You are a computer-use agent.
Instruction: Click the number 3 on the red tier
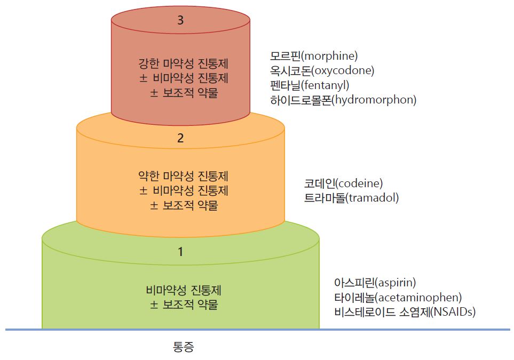(180, 20)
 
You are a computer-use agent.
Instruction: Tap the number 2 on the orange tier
(180, 138)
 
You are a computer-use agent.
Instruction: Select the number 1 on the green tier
(180, 252)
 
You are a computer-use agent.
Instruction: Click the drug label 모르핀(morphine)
(314, 55)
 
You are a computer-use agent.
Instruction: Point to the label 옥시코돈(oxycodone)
(322, 70)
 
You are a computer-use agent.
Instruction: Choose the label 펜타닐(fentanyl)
(310, 85)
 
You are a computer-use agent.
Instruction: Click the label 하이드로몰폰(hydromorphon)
(343, 100)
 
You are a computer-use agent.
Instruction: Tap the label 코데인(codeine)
(343, 183)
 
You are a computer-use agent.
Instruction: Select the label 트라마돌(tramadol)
(351, 198)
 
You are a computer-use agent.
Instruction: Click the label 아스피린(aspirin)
(375, 282)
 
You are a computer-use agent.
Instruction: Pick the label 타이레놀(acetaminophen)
(398, 297)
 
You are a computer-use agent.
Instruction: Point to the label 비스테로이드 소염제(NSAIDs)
(405, 312)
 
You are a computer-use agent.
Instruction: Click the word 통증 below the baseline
(183, 347)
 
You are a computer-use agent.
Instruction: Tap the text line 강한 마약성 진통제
(183, 63)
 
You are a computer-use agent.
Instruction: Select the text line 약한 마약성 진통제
(183, 176)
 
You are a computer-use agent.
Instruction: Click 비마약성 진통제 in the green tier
(184, 290)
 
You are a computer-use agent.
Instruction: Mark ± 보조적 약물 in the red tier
(184, 93)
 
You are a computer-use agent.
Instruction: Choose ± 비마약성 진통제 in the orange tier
(184, 190)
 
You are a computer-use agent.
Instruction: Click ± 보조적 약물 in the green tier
(184, 305)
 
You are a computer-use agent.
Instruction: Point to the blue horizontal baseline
(258, 330)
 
